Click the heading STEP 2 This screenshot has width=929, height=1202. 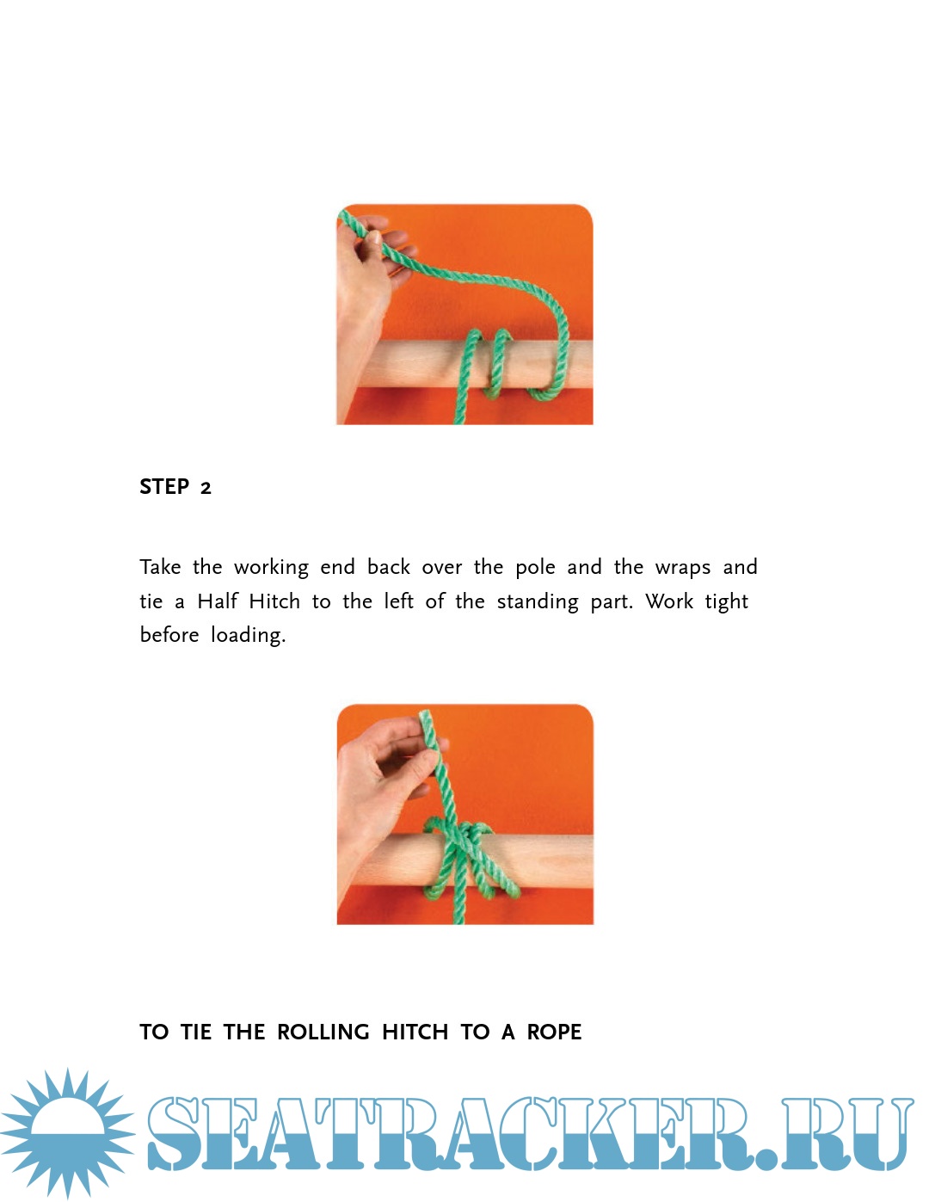(175, 487)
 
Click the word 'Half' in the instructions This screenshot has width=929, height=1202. (218, 601)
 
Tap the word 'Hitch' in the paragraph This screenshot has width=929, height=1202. (274, 601)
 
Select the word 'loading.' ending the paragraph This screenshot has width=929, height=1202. (249, 636)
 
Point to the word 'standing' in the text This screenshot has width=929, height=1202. (538, 602)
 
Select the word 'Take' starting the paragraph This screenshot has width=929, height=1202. (160, 567)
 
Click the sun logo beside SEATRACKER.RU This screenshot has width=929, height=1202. (67, 1134)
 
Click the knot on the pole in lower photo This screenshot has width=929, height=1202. (464, 856)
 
